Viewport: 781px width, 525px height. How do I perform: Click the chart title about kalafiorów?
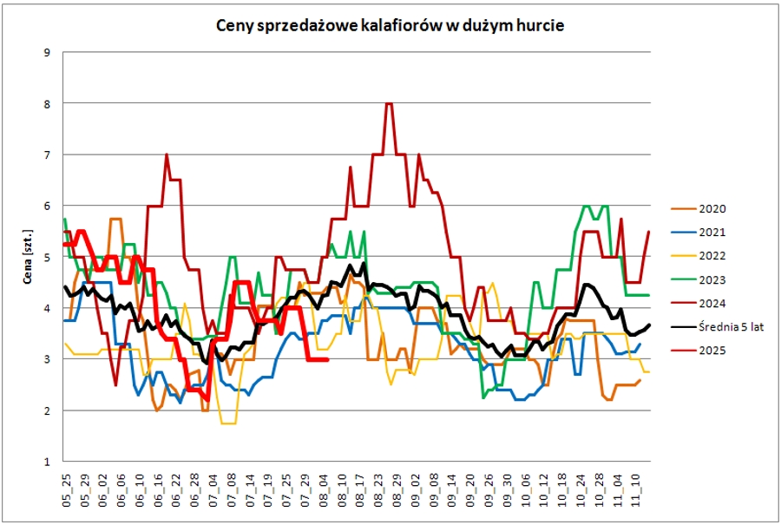[x=390, y=26]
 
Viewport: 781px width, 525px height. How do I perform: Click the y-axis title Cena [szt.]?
[x=28, y=258]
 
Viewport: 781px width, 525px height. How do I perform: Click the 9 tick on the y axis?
[x=47, y=53]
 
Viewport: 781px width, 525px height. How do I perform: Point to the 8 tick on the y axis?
[x=47, y=104]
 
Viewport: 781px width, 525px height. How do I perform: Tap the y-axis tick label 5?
[x=47, y=258]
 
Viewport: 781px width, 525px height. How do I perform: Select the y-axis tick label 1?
[x=47, y=462]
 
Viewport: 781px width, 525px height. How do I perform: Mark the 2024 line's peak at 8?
[x=389, y=104]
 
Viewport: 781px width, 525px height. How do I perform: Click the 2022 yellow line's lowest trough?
[x=228, y=423]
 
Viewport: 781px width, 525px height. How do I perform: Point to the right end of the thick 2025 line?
[x=326, y=359]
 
